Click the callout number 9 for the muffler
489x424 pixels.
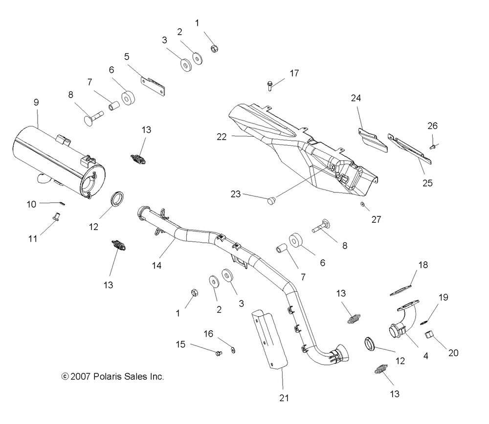[x=36, y=102]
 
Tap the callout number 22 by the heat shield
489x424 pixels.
[x=222, y=137]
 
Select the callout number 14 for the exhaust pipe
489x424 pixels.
[x=156, y=265]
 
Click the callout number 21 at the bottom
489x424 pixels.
[x=284, y=398]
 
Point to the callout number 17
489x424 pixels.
[x=294, y=73]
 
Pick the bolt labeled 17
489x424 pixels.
[x=270, y=85]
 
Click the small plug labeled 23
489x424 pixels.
[x=271, y=200]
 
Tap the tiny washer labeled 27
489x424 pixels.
[x=362, y=204]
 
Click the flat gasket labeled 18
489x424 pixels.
[x=401, y=289]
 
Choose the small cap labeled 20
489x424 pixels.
[x=429, y=335]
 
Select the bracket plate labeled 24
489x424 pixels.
[x=372, y=140]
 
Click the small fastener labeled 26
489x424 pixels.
[x=432, y=147]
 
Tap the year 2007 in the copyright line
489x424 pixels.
[x=81, y=377]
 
